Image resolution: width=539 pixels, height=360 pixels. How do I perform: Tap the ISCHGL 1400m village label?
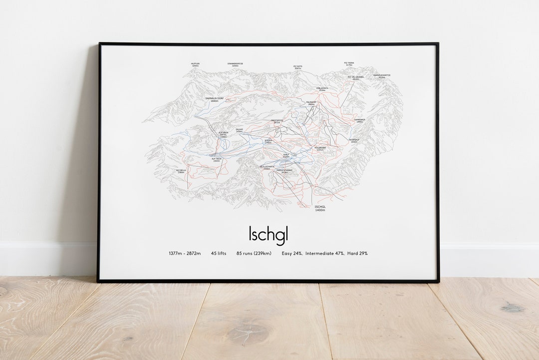(x=320, y=208)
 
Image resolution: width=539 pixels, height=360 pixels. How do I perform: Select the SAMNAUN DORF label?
(x=215, y=99)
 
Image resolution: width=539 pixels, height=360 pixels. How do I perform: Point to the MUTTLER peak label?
(x=195, y=64)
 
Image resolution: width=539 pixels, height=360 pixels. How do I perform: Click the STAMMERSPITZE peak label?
(x=235, y=64)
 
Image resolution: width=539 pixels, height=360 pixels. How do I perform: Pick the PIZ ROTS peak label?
(x=298, y=67)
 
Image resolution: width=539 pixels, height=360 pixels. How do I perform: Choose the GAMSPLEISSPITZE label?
(x=382, y=76)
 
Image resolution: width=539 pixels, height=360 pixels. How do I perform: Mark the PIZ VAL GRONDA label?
(x=355, y=78)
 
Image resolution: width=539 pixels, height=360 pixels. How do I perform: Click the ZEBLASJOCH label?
(x=322, y=89)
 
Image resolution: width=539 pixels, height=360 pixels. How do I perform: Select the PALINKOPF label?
(x=311, y=103)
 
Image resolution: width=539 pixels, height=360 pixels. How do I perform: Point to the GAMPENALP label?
(x=360, y=120)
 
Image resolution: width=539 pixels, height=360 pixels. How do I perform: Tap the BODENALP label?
(x=354, y=140)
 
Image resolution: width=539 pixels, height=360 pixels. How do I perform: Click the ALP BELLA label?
(x=181, y=171)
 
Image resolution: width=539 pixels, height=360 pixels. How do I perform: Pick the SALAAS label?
(x=239, y=130)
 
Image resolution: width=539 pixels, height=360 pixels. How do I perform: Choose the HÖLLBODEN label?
(x=320, y=149)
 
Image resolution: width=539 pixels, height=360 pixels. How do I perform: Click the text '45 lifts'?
(x=219, y=254)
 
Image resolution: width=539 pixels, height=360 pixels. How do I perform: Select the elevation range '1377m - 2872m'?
(x=185, y=254)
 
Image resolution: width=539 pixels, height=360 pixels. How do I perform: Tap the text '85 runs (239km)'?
(x=254, y=254)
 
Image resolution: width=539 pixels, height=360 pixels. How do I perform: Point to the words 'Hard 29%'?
(x=357, y=254)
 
